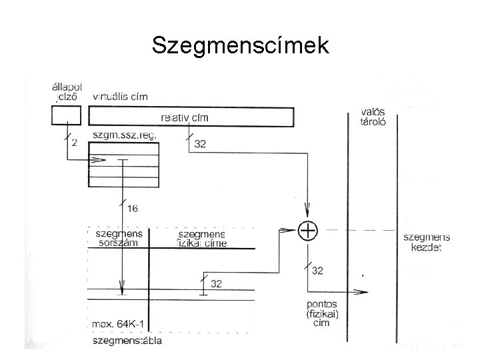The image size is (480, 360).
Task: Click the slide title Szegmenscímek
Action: click(x=240, y=45)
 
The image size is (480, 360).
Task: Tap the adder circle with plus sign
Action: click(x=308, y=231)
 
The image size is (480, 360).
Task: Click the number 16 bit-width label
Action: click(x=132, y=209)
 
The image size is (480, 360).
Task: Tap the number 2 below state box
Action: click(x=74, y=142)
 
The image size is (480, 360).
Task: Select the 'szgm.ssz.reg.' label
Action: click(x=125, y=135)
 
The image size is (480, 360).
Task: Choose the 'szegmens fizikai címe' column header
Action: click(x=203, y=239)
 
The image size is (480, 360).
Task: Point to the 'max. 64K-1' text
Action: click(x=121, y=324)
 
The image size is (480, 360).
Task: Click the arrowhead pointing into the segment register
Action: click(x=100, y=160)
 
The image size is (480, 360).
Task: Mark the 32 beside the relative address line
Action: click(x=200, y=143)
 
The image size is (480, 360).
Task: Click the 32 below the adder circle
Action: click(x=318, y=271)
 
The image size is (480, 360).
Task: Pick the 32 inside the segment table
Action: click(x=216, y=284)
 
